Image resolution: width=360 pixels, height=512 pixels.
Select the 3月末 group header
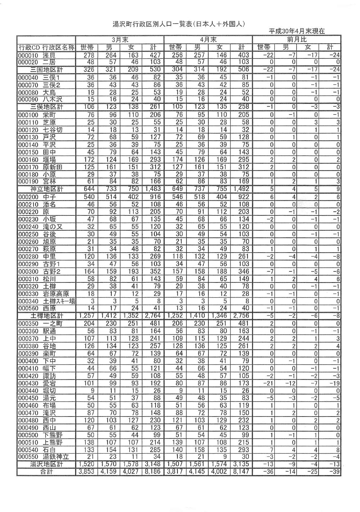point(120,40)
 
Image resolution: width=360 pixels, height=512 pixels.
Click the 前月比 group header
point(297,40)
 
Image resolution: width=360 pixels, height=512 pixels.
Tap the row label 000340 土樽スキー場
point(46,301)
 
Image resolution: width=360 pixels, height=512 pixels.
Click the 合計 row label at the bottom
point(46,472)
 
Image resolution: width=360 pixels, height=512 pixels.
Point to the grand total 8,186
point(153,472)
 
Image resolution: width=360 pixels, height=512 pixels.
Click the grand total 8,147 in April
point(241,472)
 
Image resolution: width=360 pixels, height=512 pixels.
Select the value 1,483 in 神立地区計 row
point(153,189)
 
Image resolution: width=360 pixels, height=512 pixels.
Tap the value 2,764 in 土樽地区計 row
point(153,316)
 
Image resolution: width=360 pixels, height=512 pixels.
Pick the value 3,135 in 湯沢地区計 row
point(241,464)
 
